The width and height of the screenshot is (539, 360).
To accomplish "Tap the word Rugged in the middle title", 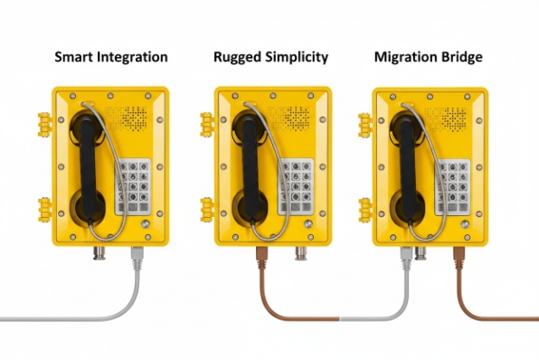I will click(237, 57).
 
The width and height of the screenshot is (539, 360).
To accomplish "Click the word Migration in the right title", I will click(402, 57).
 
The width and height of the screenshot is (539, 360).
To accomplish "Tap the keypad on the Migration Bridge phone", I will click(452, 186).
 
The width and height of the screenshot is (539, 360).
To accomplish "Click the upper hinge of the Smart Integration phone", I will click(43, 121).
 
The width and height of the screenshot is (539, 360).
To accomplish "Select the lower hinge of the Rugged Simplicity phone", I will click(205, 206).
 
